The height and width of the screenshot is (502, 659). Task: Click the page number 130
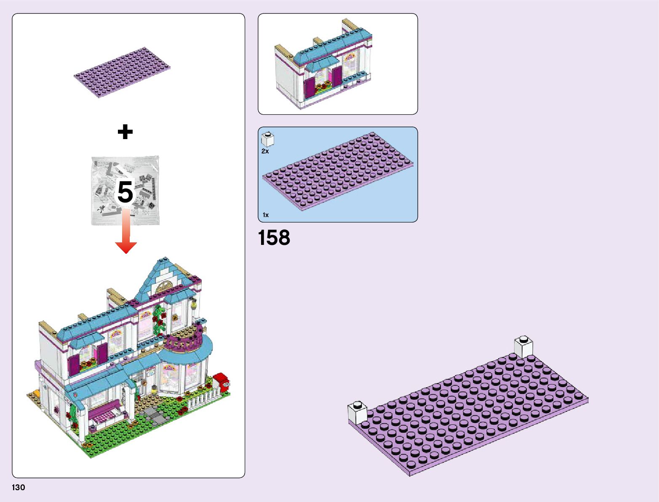(19, 488)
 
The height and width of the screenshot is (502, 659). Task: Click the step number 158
(274, 238)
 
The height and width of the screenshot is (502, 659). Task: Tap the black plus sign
(125, 132)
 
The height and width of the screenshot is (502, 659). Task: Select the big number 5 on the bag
(125, 192)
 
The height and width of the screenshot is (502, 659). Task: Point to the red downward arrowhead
(126, 247)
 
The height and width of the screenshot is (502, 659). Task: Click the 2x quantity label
(265, 151)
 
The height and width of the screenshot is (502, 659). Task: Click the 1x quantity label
(266, 215)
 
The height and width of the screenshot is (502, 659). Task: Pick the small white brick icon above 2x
(267, 139)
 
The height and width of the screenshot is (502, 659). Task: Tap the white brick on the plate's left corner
(357, 412)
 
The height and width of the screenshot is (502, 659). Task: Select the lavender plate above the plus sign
(122, 72)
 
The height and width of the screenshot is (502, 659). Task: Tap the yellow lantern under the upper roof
(194, 303)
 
